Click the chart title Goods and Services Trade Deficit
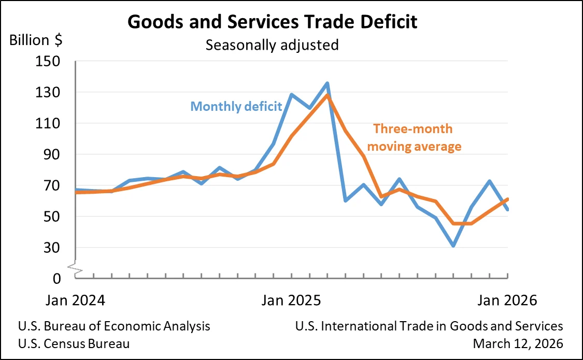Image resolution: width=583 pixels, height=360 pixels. click(273, 22)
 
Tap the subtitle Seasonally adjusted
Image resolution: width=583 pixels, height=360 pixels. click(272, 45)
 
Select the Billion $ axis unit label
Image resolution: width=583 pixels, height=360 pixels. click(36, 40)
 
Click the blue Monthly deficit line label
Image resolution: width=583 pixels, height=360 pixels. click(236, 107)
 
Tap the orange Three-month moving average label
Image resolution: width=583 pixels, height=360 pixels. click(417, 138)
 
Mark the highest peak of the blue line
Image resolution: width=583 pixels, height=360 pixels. click(328, 83)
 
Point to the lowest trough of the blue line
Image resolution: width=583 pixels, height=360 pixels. click(453, 245)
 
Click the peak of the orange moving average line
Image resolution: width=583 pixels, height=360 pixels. click(328, 95)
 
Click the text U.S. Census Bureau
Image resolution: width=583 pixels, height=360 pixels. click(74, 343)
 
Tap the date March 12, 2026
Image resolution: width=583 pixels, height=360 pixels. click(518, 343)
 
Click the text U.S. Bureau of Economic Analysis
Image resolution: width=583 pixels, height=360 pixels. click(114, 326)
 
